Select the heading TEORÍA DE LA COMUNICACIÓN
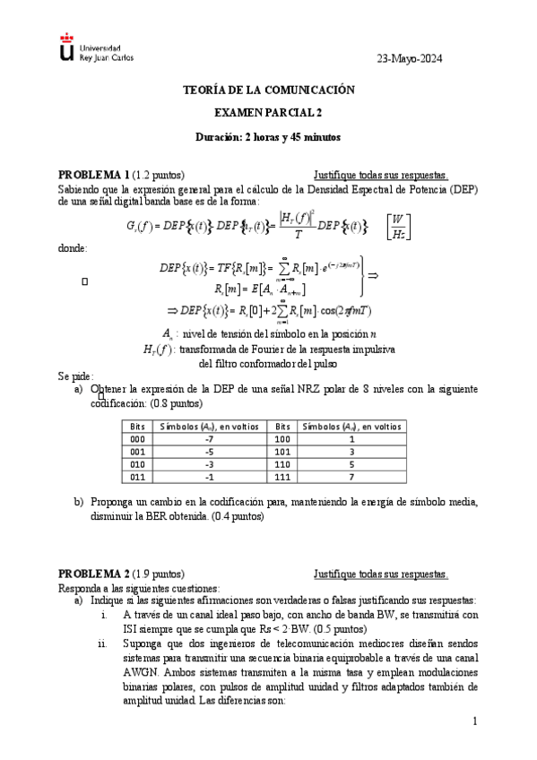269,91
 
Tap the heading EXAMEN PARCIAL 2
269,114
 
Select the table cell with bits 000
137,440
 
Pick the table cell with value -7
208,440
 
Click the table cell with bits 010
137,465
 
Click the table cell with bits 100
282,440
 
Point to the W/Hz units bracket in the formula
395,226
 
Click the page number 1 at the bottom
475,721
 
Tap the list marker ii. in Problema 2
102,643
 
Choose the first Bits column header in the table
137,427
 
